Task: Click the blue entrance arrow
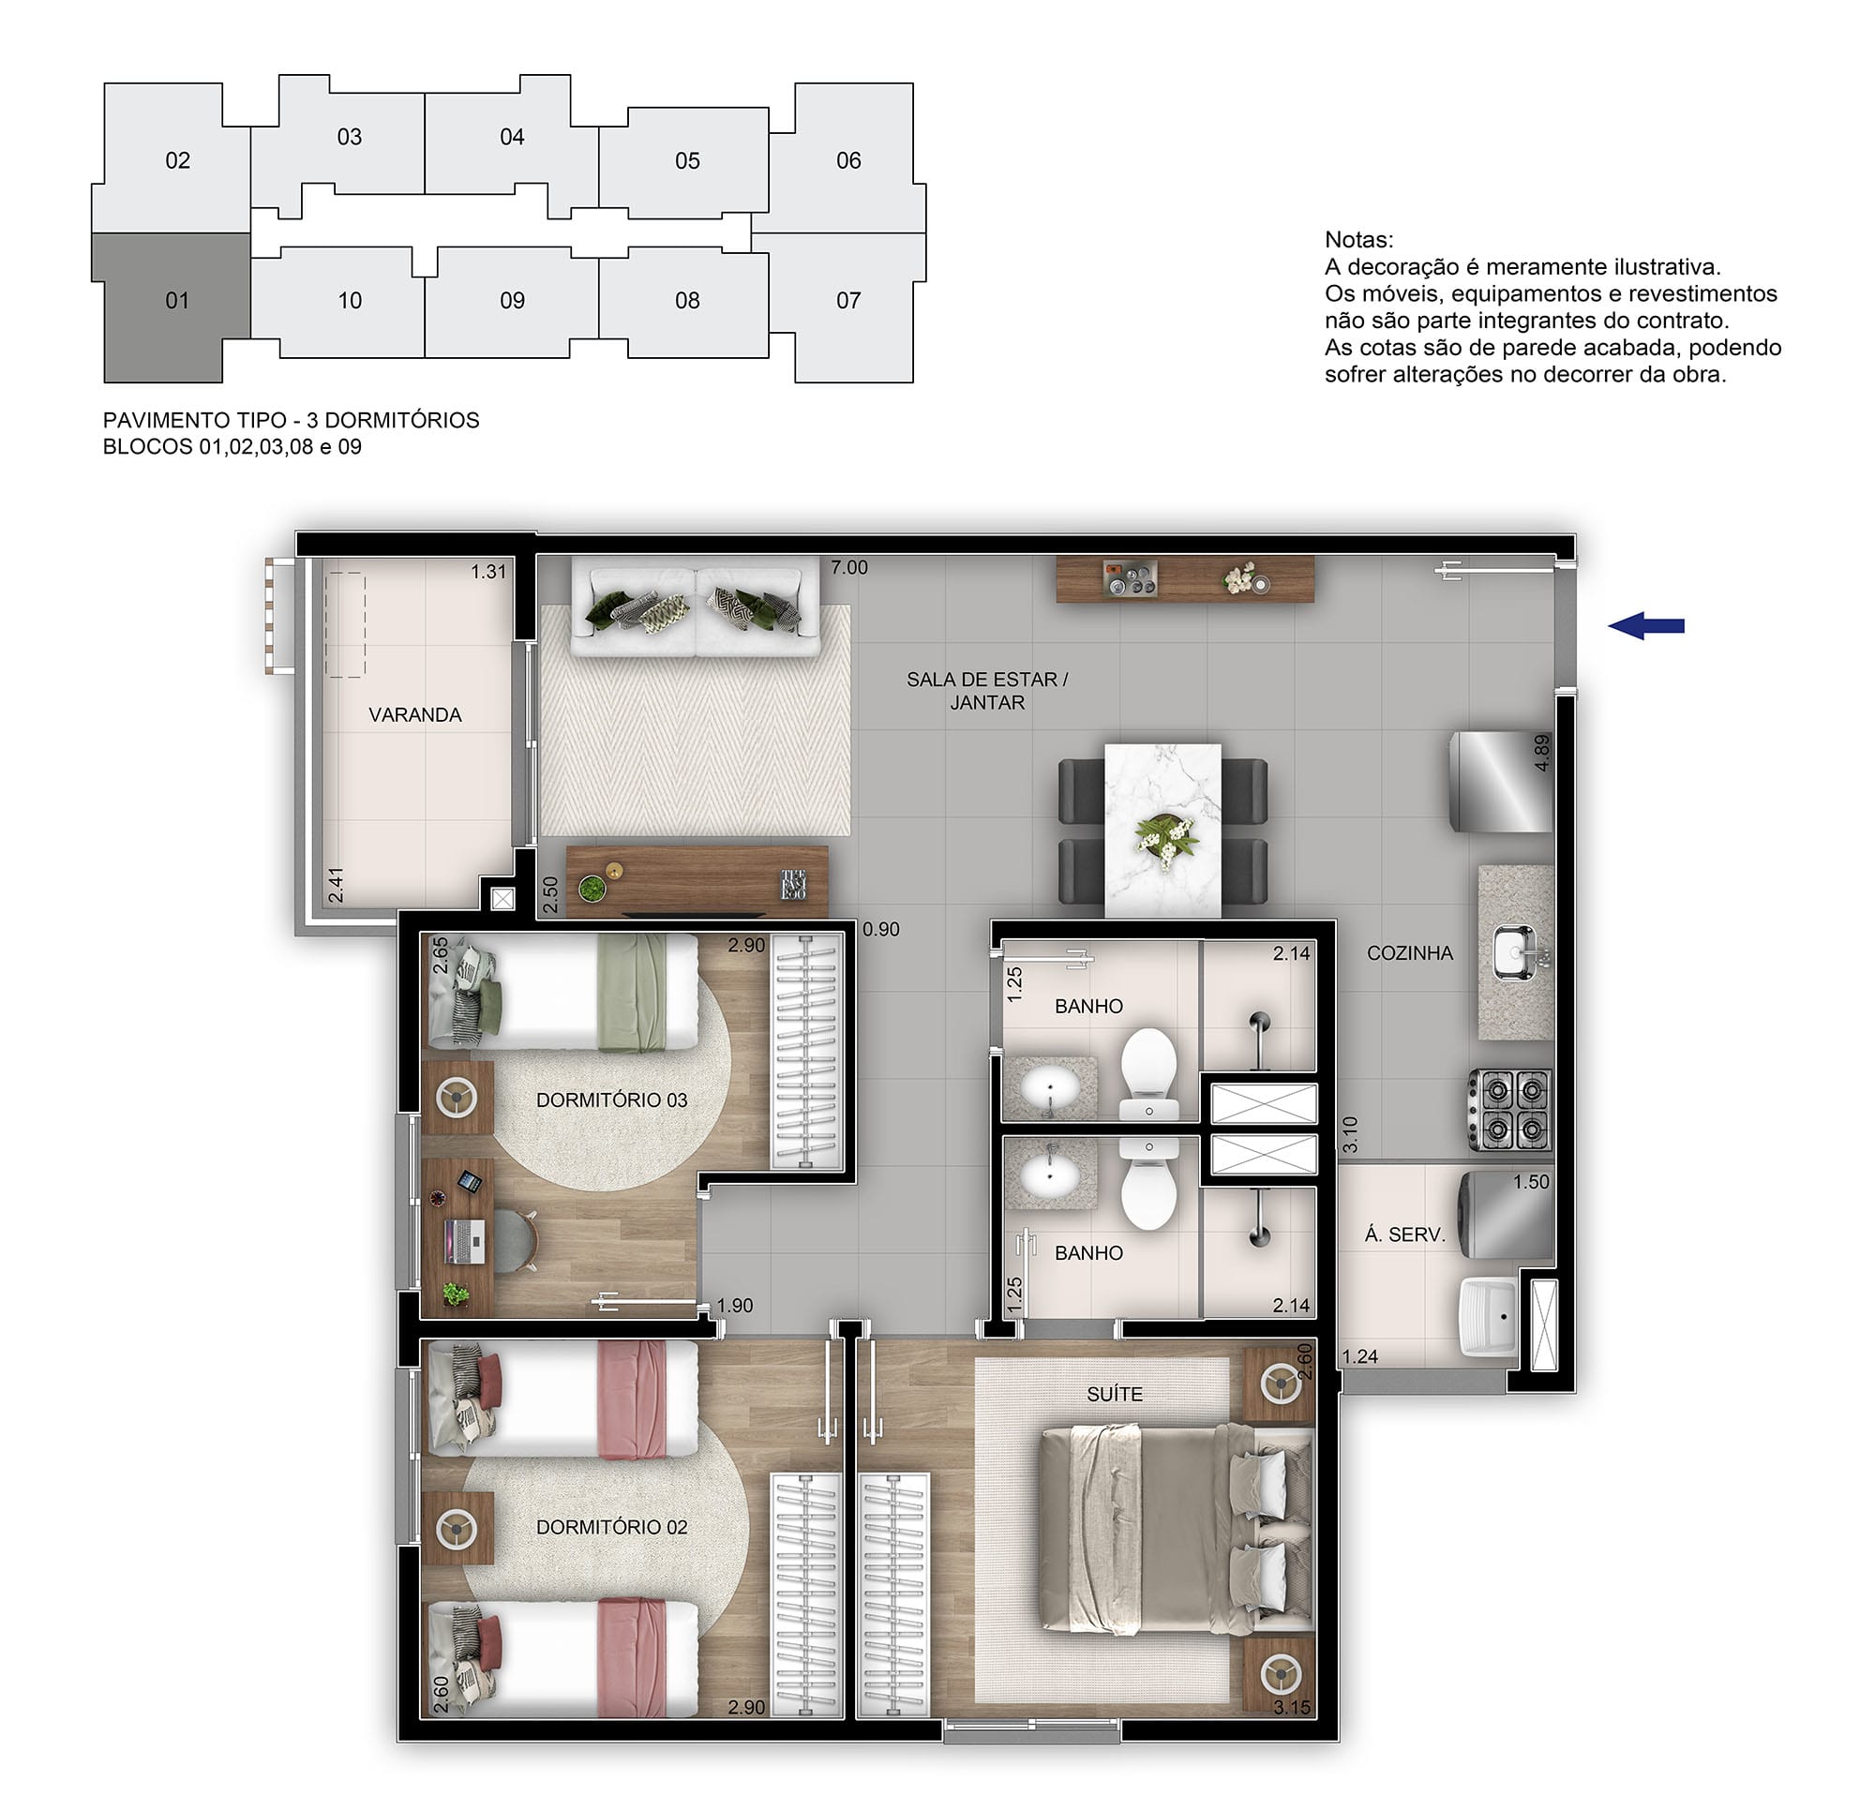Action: click(x=1645, y=627)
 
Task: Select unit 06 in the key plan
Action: click(x=847, y=159)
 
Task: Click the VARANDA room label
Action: click(x=415, y=714)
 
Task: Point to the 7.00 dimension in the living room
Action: click(x=848, y=567)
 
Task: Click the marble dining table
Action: click(x=1162, y=830)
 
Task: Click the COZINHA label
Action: click(x=1409, y=953)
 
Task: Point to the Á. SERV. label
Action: click(x=1404, y=1235)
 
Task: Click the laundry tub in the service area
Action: click(x=1489, y=1317)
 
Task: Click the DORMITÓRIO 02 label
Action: click(x=611, y=1527)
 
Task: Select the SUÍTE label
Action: click(x=1115, y=1394)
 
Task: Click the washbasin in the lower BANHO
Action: click(x=1050, y=1173)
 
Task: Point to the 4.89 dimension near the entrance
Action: click(x=1540, y=752)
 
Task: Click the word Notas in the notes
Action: click(x=1358, y=240)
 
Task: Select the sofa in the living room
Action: click(x=696, y=606)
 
